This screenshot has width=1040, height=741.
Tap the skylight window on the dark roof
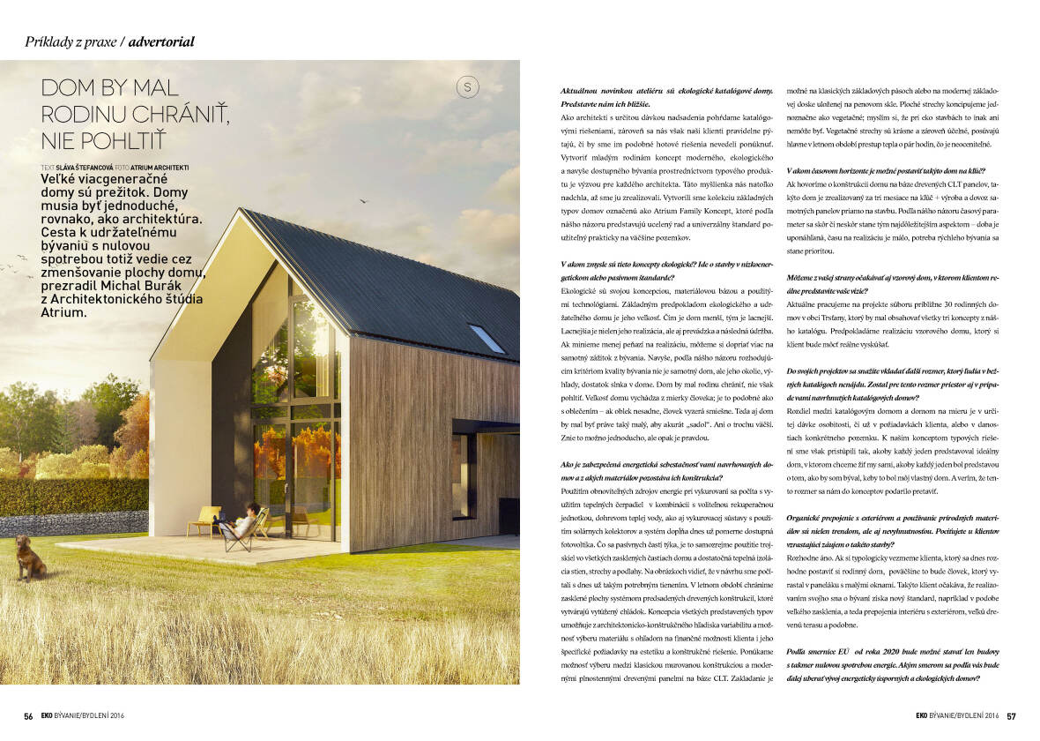(x=487, y=338)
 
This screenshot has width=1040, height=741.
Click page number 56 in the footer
(x=28, y=716)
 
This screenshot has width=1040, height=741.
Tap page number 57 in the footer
(x=1012, y=716)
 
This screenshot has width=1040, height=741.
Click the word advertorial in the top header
(x=161, y=41)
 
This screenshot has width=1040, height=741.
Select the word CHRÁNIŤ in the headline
(x=182, y=114)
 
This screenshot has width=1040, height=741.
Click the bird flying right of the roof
(x=362, y=200)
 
